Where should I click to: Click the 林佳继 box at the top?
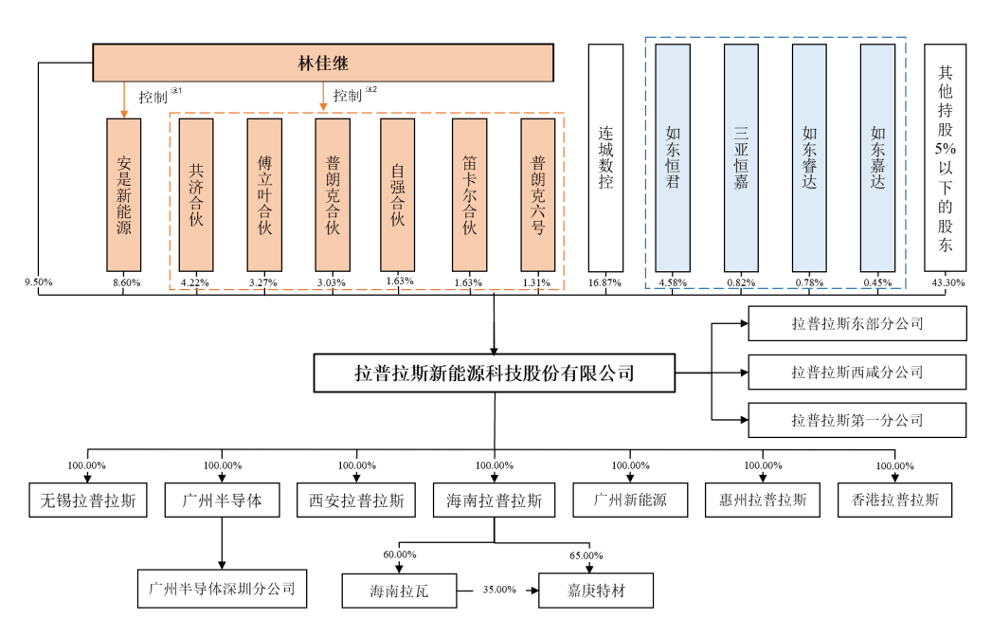(323, 64)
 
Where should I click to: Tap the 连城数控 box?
(605, 158)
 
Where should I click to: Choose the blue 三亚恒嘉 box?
(741, 158)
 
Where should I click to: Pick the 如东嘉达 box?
(877, 158)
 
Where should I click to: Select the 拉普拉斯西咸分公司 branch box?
(857, 372)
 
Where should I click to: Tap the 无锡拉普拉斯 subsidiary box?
(88, 501)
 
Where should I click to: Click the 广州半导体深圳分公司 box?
(223, 588)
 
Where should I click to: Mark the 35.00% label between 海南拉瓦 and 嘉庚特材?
(500, 589)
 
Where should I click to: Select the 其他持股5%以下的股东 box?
(946, 158)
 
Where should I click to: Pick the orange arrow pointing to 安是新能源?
(124, 100)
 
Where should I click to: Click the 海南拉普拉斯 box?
(494, 501)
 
